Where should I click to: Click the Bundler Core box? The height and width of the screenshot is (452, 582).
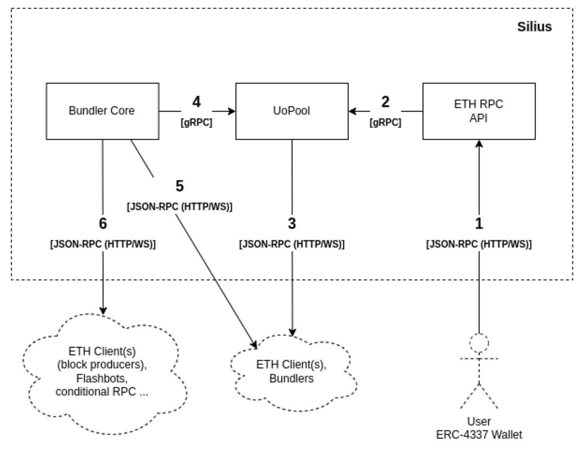point(102,111)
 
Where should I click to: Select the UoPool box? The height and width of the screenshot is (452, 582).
point(291,111)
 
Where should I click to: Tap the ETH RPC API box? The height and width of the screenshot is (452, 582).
point(478,111)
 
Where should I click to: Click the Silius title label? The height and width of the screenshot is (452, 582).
point(534,27)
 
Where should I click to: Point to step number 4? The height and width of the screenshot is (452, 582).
point(196,102)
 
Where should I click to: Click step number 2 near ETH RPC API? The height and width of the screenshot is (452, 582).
point(385,102)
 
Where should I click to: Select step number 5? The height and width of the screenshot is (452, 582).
point(179,186)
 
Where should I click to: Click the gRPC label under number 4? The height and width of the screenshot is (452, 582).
point(196,123)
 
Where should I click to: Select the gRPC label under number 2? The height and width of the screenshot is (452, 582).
point(385,123)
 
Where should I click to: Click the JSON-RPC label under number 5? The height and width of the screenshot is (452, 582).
point(179,207)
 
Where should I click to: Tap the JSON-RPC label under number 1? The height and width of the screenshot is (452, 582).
point(479,244)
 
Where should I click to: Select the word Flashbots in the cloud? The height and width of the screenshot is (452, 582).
point(102,378)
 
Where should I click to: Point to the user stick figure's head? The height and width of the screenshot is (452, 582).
point(479,343)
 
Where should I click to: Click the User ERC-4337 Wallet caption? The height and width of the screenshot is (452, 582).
point(479,428)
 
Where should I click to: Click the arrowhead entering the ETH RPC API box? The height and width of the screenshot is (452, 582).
point(479,143)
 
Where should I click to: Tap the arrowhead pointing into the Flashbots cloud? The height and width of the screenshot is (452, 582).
point(103,310)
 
